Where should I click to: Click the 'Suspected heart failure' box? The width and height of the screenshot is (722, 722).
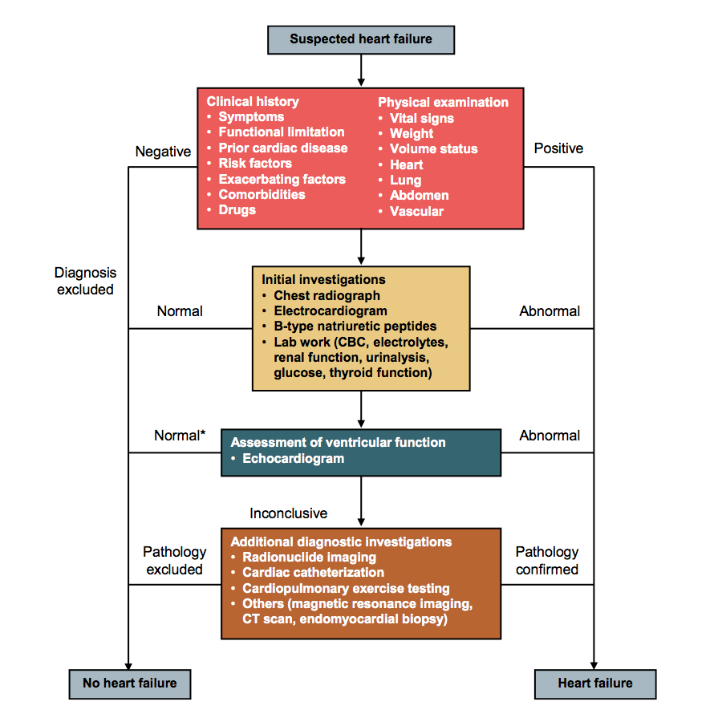(x=361, y=39)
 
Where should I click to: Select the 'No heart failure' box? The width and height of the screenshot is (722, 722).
(x=130, y=683)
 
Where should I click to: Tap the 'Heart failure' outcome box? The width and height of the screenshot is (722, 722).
(x=594, y=683)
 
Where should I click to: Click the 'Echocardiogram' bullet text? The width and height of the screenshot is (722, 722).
(x=293, y=459)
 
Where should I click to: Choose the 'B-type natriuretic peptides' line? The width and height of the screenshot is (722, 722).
(x=355, y=326)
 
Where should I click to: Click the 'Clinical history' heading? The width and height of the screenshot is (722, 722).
(x=253, y=102)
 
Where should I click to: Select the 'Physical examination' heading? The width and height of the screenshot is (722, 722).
(x=443, y=103)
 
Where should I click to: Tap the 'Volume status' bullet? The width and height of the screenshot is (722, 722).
(x=433, y=149)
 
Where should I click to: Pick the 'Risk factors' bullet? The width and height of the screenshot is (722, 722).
(x=255, y=164)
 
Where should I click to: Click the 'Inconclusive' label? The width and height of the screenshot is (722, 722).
(x=289, y=513)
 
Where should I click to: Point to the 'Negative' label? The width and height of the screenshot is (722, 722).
(x=163, y=152)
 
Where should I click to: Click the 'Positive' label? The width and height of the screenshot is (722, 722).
(x=558, y=148)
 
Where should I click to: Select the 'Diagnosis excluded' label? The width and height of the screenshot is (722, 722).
(x=85, y=282)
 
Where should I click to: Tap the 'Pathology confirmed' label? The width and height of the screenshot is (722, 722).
(x=547, y=561)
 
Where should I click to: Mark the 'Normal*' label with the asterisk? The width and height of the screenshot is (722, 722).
(x=180, y=436)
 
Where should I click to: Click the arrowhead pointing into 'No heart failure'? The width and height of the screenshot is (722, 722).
(x=129, y=663)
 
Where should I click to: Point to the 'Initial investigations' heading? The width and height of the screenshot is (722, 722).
(x=323, y=280)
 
